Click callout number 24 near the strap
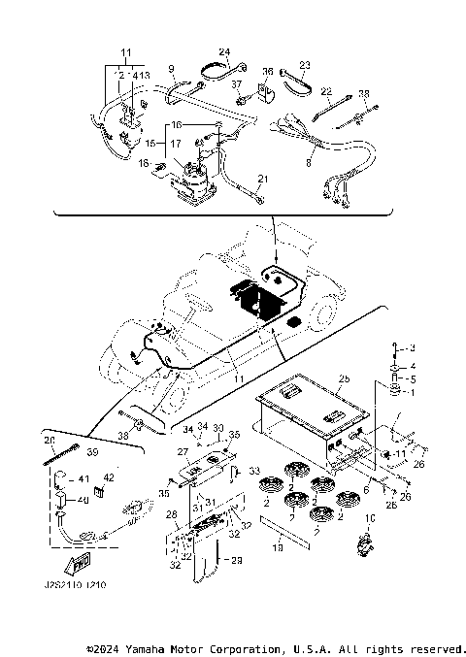coord(224,51)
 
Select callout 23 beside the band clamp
coord(304,65)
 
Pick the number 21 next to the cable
coord(261,180)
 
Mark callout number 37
coord(236,85)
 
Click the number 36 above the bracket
coord(269,71)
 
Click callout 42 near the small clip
coord(108,478)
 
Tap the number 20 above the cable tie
coord(50,440)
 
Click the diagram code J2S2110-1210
coord(74,586)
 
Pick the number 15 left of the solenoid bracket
coord(150,143)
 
